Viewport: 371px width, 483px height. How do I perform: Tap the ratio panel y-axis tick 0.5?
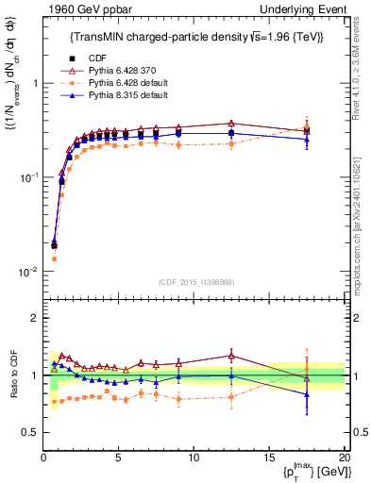(30, 432)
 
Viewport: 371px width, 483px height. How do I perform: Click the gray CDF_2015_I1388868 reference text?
(195, 282)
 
